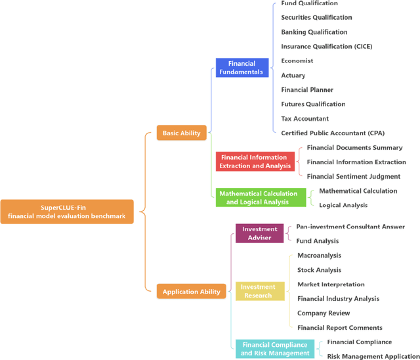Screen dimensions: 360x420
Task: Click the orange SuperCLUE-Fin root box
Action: (x=66, y=212)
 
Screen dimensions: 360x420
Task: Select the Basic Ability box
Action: (x=182, y=133)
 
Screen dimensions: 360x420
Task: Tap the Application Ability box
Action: (x=192, y=291)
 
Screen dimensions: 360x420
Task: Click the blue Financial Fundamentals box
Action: (x=241, y=68)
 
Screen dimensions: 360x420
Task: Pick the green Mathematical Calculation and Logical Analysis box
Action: (x=258, y=198)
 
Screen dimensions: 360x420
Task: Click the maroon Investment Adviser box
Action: (x=259, y=233)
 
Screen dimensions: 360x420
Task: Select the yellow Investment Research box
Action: (x=259, y=291)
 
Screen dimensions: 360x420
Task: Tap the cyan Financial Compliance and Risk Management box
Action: (x=274, y=348)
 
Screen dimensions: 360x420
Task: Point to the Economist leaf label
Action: (x=297, y=61)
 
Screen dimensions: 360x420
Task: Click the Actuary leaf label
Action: (x=293, y=76)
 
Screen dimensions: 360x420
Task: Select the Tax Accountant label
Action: (x=305, y=119)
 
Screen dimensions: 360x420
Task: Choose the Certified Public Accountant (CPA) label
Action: (x=333, y=133)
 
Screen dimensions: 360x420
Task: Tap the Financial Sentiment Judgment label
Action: (x=353, y=176)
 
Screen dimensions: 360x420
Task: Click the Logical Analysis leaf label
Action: (x=343, y=205)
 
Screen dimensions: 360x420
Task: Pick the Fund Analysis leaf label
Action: (x=318, y=241)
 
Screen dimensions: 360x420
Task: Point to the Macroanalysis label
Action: (x=320, y=256)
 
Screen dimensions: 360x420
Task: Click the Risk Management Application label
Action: (x=373, y=356)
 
